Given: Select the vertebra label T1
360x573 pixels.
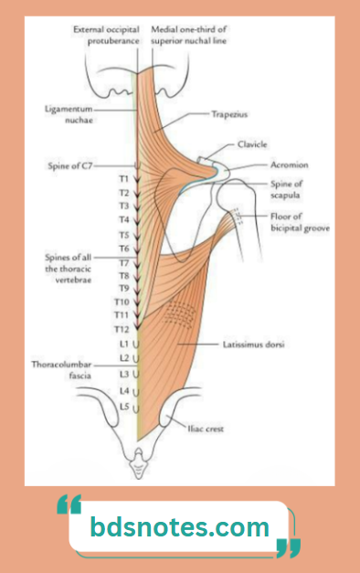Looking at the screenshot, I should (123, 180).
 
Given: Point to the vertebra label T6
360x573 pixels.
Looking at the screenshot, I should (123, 248).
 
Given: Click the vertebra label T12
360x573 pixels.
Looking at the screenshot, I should (122, 328).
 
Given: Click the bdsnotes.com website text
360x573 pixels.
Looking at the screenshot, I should (180, 527).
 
